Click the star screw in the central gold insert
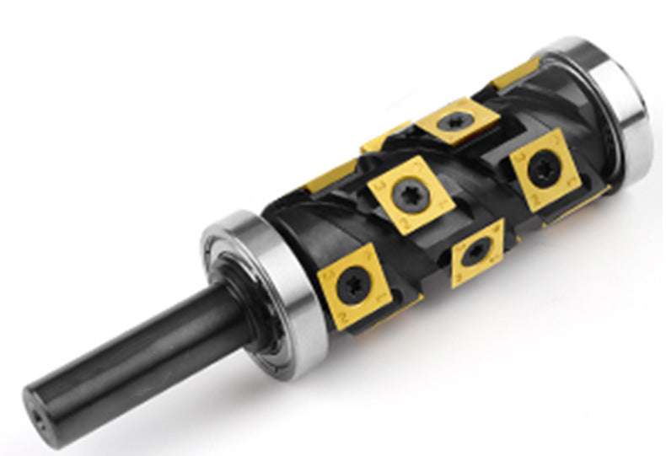coord(411,191)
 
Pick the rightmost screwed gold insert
coord(539,170)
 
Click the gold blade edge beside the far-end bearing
coord(515,74)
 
